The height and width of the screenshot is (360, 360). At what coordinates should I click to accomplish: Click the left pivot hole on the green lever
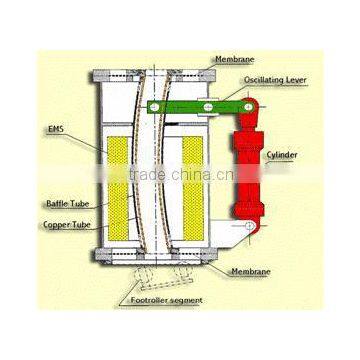[157, 106]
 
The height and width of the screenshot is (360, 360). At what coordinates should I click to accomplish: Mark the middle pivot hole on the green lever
[207, 106]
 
